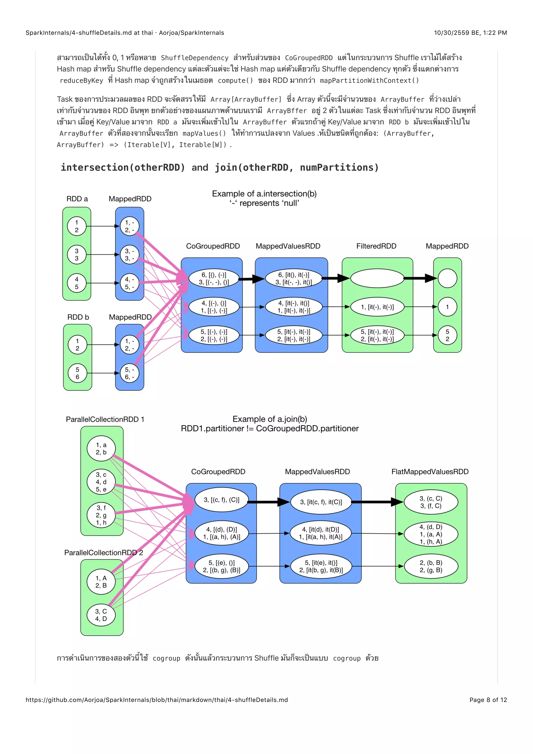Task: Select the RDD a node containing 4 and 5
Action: pos(77,283)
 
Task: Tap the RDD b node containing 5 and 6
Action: pos(78,373)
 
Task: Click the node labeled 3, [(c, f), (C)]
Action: pos(221,500)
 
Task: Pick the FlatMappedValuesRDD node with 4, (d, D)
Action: pos(431,534)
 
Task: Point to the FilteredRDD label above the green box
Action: pos(376,246)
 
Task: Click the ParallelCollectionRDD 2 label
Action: pos(103,553)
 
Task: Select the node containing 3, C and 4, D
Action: pos(101,615)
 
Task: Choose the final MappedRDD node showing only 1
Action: pos(447,307)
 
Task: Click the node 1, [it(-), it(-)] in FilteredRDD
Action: pos(377,307)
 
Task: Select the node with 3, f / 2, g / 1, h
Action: pos(101,515)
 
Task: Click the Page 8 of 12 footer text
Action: pos(488,700)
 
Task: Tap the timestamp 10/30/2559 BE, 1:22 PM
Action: pos(470,33)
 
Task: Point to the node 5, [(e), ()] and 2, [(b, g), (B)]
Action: pos(221,566)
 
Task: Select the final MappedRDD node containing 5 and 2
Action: pos(447,335)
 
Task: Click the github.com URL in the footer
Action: pos(157,700)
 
